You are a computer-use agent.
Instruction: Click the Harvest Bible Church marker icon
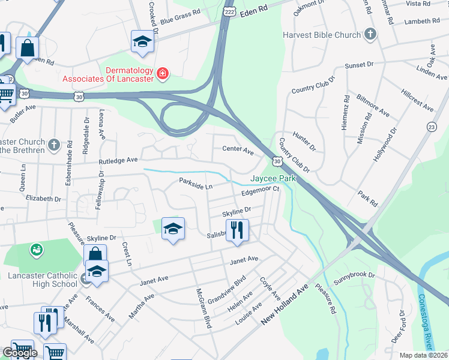pos(370,35)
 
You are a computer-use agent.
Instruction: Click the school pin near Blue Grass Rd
pos(142,41)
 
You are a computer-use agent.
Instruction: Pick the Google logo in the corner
pos(19,353)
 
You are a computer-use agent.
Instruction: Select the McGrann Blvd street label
pos(204,308)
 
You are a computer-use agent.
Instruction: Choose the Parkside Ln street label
pos(196,183)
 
